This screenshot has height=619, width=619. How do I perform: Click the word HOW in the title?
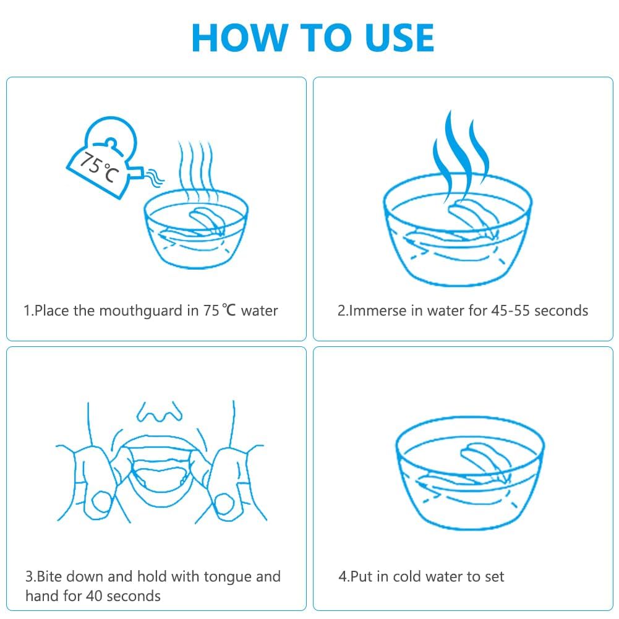coord(239,38)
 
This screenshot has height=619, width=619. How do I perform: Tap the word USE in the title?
coord(399,38)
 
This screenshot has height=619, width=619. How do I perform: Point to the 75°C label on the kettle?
coord(99,168)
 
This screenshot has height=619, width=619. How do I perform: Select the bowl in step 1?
coord(196,229)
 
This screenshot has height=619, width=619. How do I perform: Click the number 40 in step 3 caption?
coord(94,596)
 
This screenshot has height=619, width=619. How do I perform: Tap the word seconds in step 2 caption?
coord(561,310)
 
